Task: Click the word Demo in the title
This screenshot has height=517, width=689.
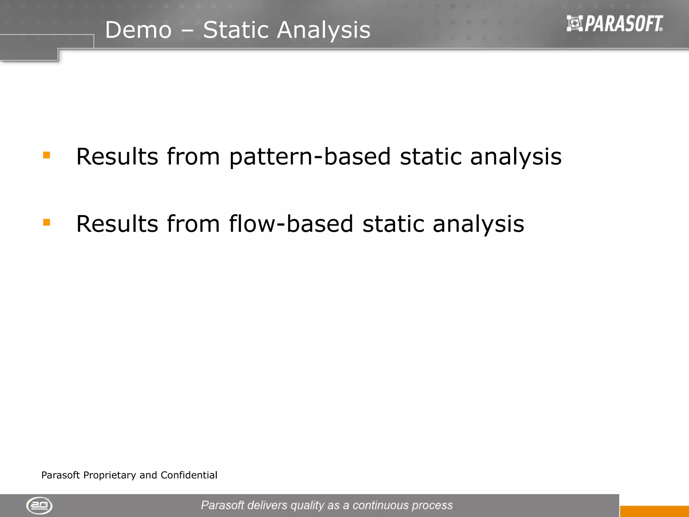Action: (x=138, y=30)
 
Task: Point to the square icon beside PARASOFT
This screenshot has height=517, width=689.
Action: (x=575, y=24)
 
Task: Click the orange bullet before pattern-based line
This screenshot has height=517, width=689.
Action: (x=46, y=155)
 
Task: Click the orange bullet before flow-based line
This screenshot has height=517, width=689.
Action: (x=46, y=222)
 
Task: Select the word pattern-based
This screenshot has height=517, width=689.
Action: (x=310, y=157)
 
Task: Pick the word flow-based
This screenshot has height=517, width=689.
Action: (x=291, y=224)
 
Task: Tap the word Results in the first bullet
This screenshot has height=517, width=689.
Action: (x=117, y=157)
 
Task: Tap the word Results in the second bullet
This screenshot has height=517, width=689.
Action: (x=117, y=224)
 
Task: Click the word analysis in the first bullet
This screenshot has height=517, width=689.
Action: (x=516, y=157)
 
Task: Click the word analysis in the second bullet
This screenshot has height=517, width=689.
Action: (x=478, y=224)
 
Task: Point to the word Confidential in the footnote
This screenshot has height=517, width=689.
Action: (x=189, y=475)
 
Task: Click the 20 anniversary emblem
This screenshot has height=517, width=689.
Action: (x=39, y=506)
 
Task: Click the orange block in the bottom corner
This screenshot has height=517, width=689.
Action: (x=654, y=511)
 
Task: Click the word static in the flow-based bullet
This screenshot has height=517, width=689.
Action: (x=393, y=224)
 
